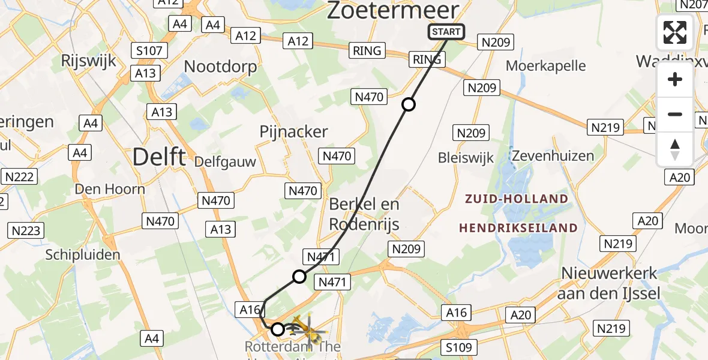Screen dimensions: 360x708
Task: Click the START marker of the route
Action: coord(446,32)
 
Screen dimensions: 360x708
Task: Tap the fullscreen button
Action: coord(675,32)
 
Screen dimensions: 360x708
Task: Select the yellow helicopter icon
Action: coord(307,328)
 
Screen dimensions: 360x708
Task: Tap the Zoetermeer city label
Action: coord(393,11)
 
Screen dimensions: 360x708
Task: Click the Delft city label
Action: coord(158,157)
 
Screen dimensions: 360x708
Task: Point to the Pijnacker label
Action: coord(293,131)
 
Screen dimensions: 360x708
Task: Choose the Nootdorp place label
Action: coord(220,66)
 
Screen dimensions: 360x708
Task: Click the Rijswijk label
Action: coord(88,61)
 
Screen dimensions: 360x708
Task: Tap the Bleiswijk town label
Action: coord(466,158)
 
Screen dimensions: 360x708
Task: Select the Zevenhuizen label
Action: coord(553,156)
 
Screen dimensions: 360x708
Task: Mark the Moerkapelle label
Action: coord(546,65)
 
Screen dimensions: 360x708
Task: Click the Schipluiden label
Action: coord(83,254)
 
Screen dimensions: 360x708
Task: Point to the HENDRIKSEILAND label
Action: coord(518,228)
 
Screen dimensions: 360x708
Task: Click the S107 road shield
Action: coord(149,50)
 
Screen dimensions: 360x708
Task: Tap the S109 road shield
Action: coord(459,347)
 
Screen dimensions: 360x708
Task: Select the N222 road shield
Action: coord(20,176)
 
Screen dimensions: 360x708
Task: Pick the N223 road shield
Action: coord(26,230)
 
